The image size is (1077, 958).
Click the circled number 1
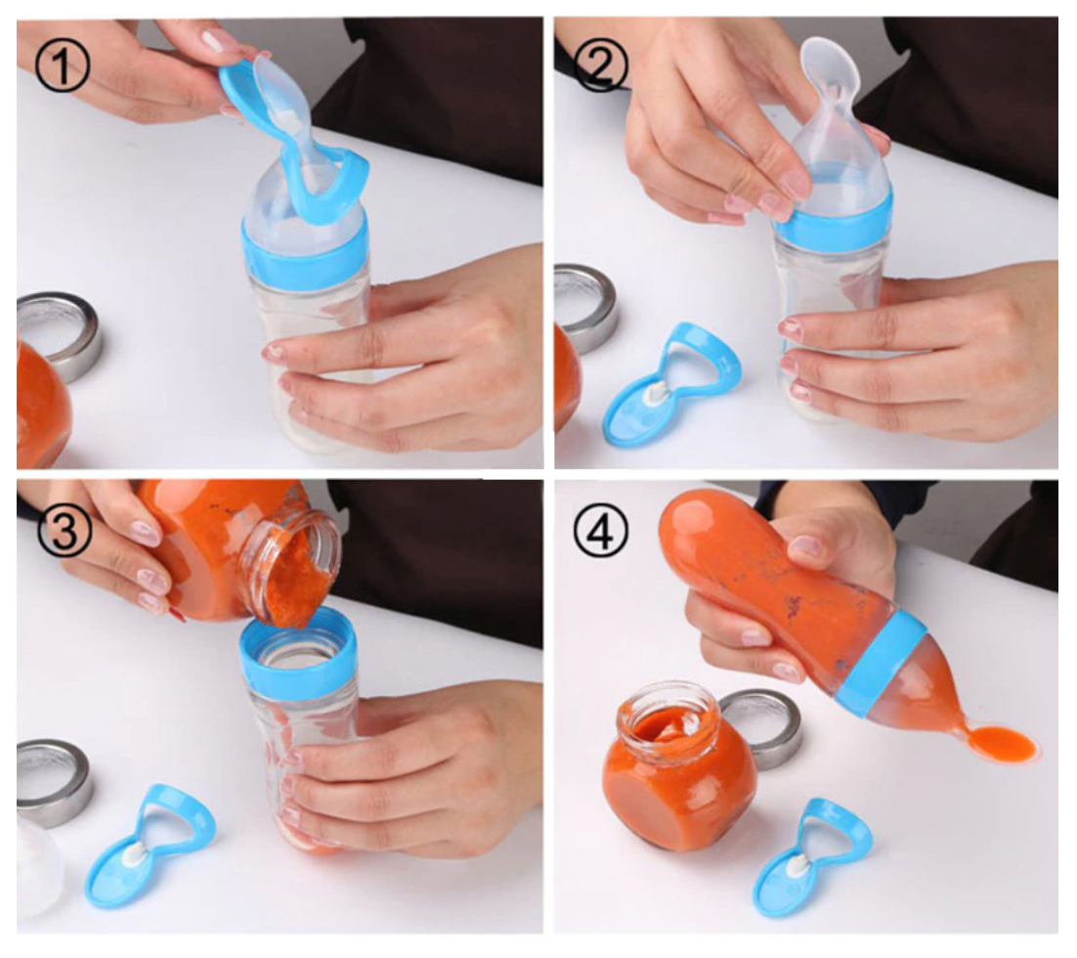(x=63, y=65)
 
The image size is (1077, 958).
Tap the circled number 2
(x=601, y=65)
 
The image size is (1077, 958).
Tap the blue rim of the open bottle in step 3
(x=297, y=649)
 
